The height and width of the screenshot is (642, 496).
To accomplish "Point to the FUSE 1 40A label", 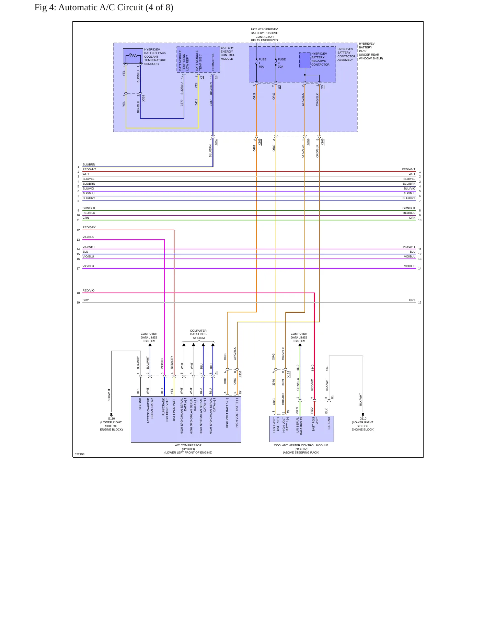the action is pos(262,63).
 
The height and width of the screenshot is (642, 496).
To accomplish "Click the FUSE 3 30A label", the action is pos(281,63).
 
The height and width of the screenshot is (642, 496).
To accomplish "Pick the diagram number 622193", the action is pos(80,454).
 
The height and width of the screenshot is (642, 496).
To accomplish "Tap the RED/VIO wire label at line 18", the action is pos(89,290).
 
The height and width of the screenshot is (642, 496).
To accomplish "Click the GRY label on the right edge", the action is pos(412,300).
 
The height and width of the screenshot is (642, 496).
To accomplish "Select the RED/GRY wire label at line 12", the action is pos(89,227).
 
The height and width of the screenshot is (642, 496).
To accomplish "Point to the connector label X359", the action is pos(144,98).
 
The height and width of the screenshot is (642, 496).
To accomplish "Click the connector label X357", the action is pos(216,142).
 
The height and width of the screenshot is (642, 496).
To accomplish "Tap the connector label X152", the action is pos(289,374).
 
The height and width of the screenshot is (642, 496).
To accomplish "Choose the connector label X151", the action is pos(240,374).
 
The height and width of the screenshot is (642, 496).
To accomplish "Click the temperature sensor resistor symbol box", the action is pos(133,56).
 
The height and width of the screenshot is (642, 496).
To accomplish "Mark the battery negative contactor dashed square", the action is pos(305,60).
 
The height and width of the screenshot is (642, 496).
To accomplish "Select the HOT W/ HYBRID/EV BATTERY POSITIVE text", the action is pos(264,31).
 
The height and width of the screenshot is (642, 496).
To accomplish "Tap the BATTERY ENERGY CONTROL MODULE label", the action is pos(228,53).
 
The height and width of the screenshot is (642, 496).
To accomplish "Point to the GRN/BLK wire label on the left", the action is pos(89,208).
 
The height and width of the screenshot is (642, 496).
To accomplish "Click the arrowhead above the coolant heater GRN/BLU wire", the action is pos(300,345).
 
